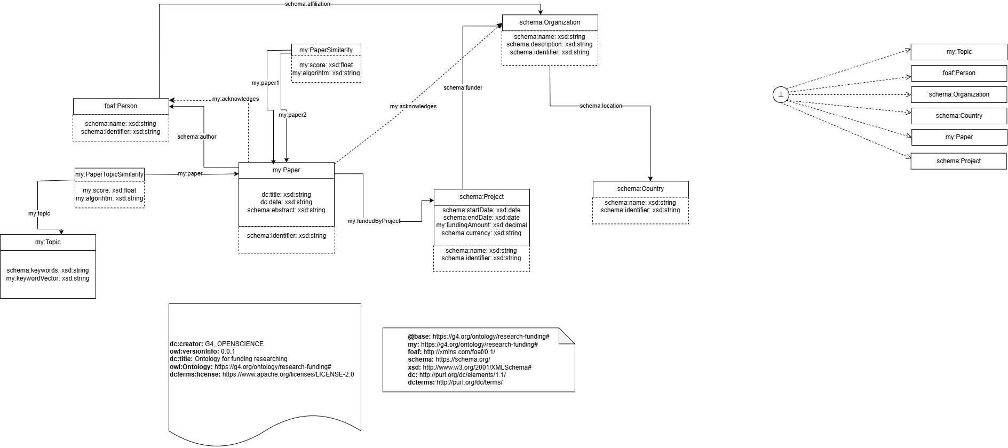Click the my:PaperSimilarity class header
coord(326,50)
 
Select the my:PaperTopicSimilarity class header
coord(109,174)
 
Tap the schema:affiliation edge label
coord(307,4)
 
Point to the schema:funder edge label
coord(463,87)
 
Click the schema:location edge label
coord(601,106)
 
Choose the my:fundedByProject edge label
coord(374,221)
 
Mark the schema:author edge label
coord(197,137)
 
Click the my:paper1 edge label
coord(265,83)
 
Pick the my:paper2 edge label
coord(292,115)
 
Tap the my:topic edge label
coord(39,213)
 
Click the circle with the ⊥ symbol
coord(781,95)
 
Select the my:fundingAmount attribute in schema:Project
coord(481,225)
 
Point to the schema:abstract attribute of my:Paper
coord(286,210)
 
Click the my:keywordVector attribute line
coord(47,278)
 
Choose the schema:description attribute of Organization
coord(550,44)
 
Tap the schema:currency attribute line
coord(481,233)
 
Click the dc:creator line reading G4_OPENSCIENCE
coord(216,344)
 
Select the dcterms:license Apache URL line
coord(261,374)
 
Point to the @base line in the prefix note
coord(479,337)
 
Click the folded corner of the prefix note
coord(567,336)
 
